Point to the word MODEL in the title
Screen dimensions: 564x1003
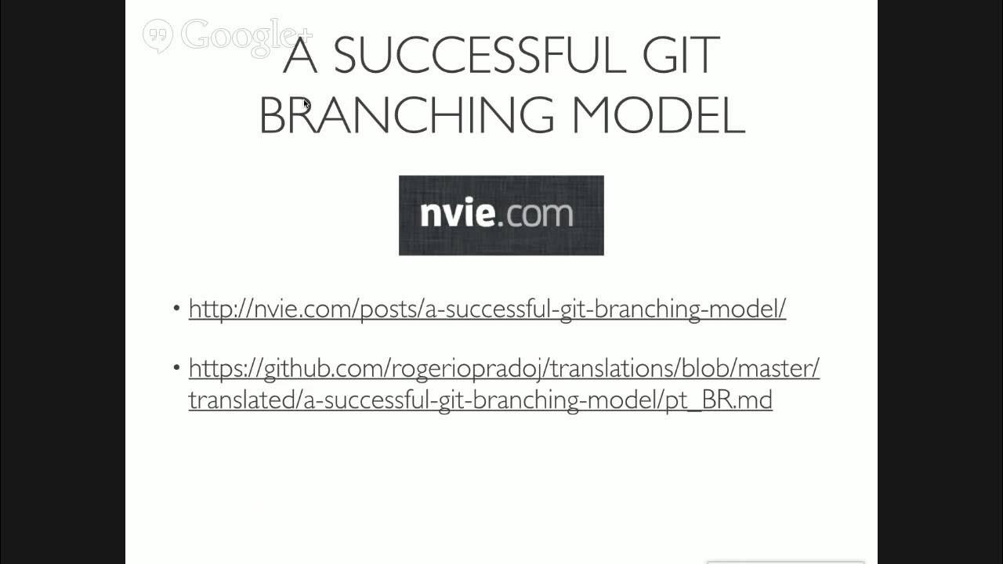[x=657, y=115]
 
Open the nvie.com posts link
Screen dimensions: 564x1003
[x=487, y=309]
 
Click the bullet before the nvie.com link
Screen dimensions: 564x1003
[x=176, y=308]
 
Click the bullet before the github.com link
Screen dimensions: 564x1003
[x=176, y=367]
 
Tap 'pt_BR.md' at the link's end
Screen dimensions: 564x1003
[x=719, y=399]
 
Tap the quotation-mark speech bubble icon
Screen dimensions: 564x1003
[x=158, y=35]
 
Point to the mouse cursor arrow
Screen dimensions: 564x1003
[x=306, y=103]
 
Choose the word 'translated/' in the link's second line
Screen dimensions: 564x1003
[x=244, y=399]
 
